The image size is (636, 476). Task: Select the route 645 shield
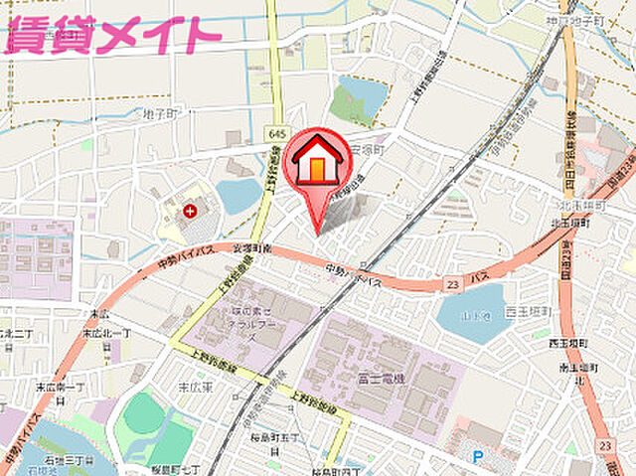tap(276, 133)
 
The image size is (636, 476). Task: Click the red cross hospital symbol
tap(189, 211)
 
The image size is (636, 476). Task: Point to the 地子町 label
tap(159, 113)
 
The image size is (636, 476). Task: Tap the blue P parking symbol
tap(478, 457)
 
